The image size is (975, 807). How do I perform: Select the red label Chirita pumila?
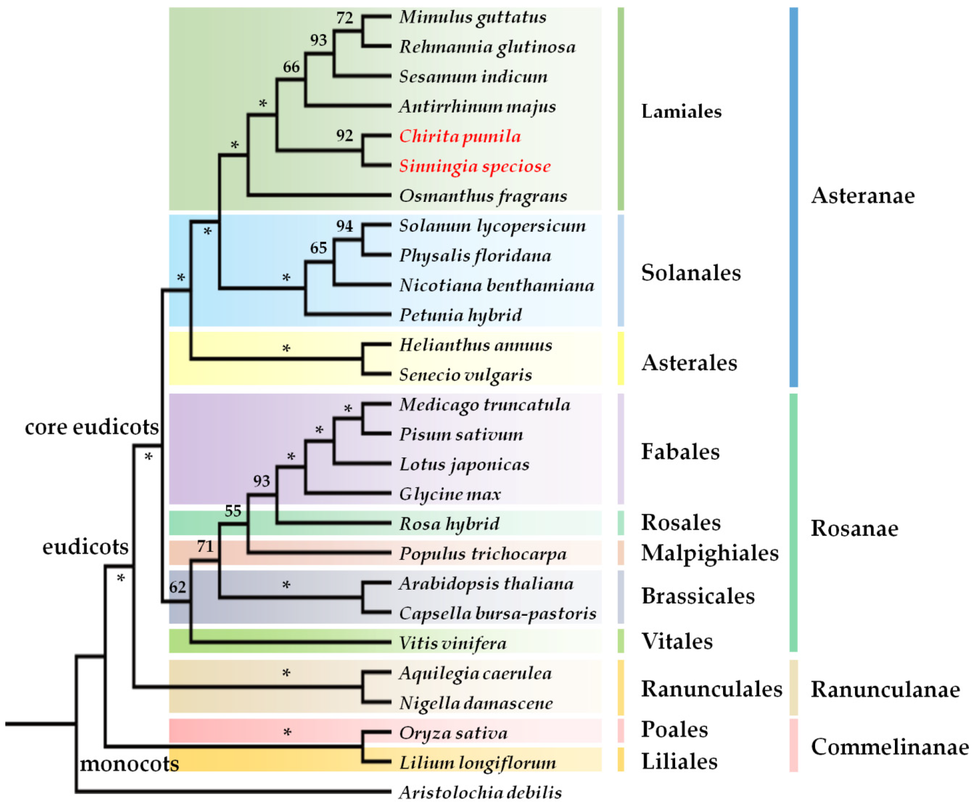[x=460, y=137]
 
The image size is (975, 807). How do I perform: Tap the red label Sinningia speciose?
[x=475, y=166]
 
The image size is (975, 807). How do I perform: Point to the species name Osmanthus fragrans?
[x=483, y=196]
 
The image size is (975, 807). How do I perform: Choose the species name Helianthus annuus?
[x=475, y=345]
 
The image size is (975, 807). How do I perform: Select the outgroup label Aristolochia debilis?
[x=480, y=793]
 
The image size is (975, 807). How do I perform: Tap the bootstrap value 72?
[x=344, y=18]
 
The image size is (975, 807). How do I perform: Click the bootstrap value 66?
[x=291, y=67]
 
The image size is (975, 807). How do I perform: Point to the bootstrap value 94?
[x=344, y=226]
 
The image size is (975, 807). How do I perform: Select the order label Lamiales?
[x=681, y=111]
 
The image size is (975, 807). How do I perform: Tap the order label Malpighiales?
[x=710, y=553]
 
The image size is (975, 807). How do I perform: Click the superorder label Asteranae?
[x=863, y=195]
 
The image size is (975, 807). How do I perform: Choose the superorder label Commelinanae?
[x=890, y=747]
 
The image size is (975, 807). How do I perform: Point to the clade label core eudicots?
[x=92, y=427]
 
